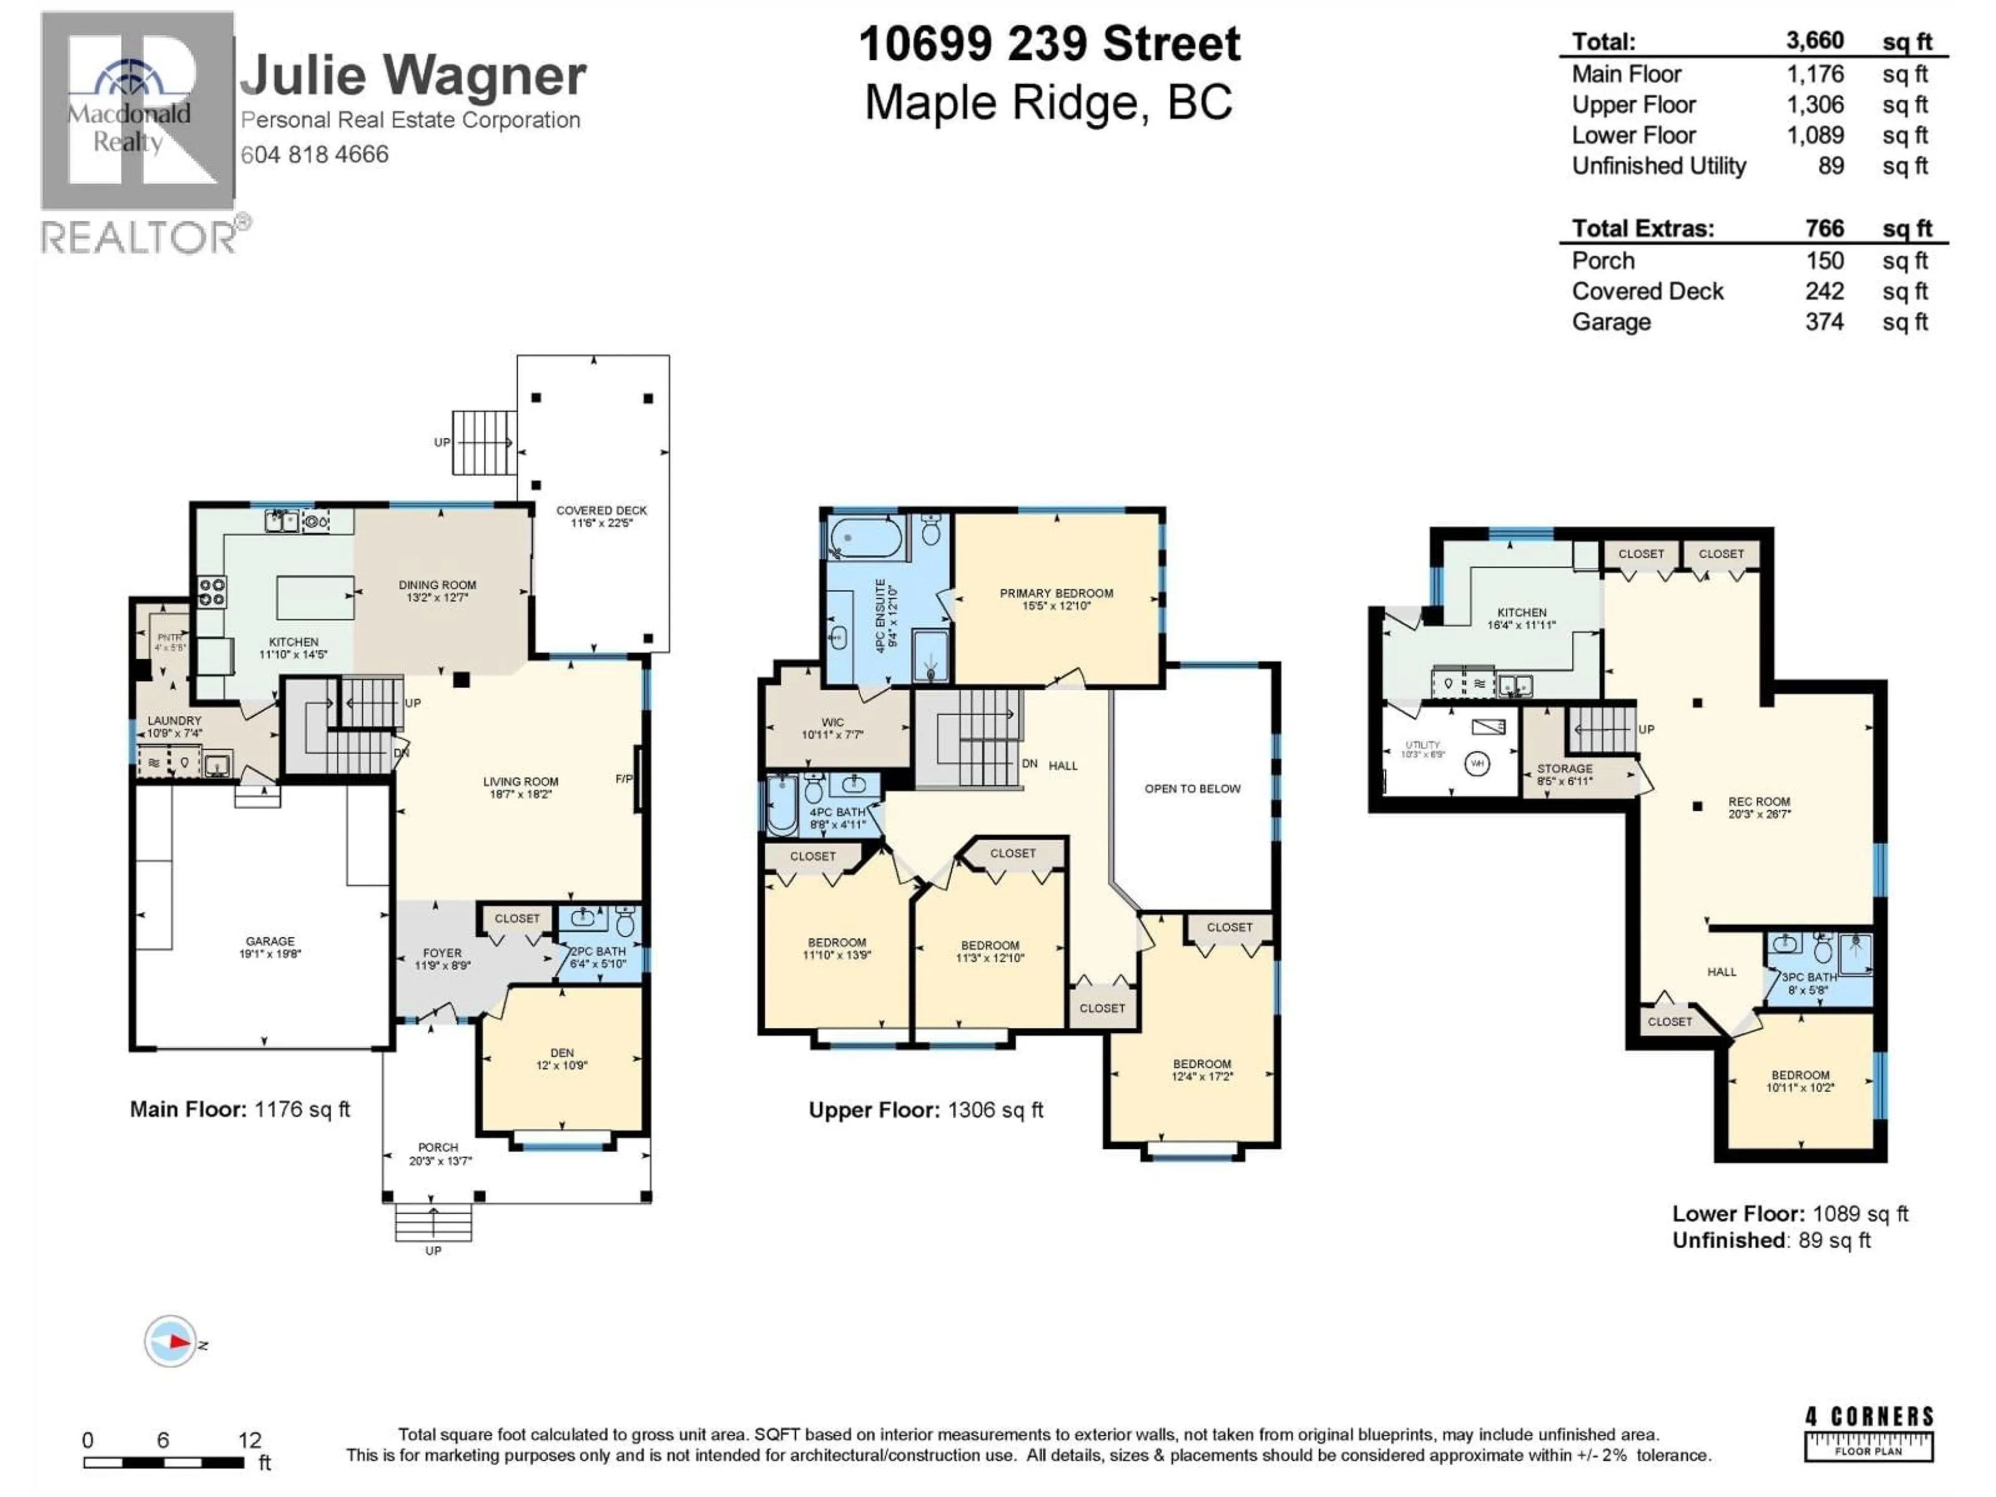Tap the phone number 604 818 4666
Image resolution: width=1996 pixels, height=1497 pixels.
(314, 154)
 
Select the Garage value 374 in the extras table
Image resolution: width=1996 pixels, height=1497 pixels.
(1823, 322)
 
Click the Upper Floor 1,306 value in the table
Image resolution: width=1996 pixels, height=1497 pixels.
(1815, 104)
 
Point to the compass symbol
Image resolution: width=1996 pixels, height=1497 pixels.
(170, 1342)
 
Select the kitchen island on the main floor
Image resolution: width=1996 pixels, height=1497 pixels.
(315, 597)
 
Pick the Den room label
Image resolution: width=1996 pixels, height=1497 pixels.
(561, 1058)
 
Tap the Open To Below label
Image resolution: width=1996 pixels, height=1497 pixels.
(1192, 789)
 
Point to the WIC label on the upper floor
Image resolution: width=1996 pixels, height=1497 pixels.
(832, 727)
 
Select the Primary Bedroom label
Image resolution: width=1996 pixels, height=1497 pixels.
(1056, 599)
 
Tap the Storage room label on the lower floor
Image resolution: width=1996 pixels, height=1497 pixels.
(1565, 773)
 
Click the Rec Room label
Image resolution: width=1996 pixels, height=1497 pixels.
(1758, 807)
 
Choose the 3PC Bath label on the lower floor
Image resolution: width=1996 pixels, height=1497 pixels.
(1808, 982)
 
